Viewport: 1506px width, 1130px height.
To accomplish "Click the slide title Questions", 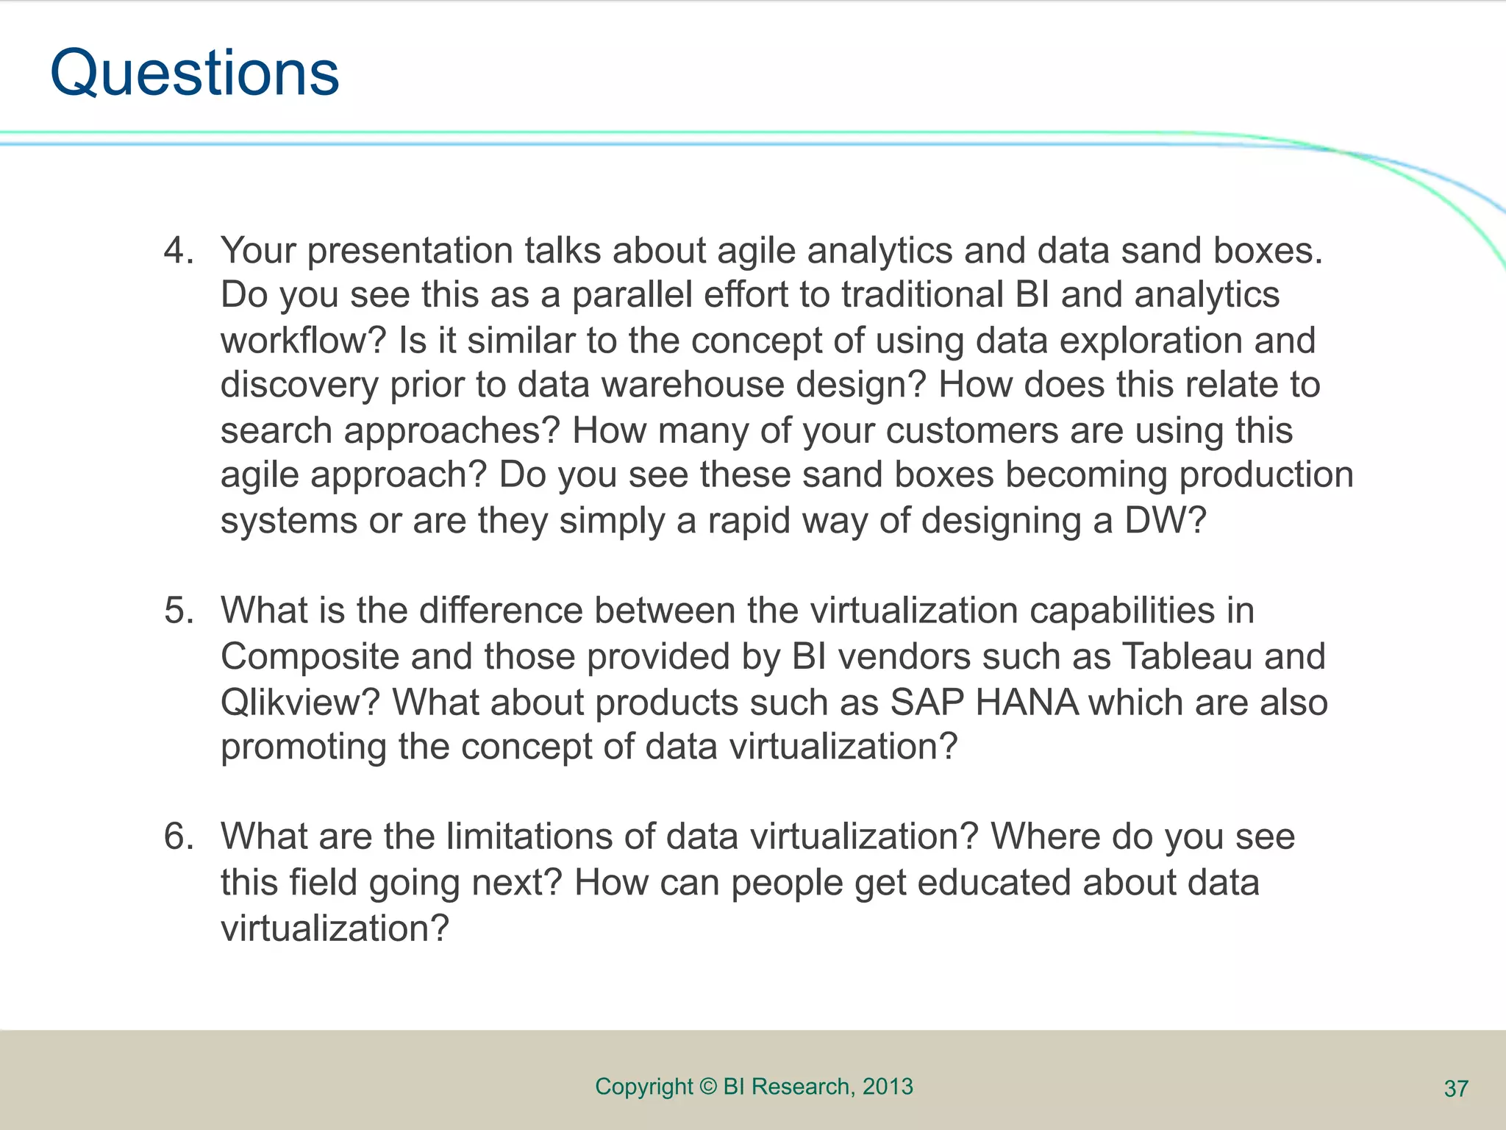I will [x=195, y=74].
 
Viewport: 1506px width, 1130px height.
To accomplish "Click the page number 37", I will [x=1456, y=1089].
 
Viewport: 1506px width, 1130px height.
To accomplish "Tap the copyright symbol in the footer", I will [x=708, y=1087].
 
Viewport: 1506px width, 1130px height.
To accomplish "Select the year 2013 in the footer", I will [x=888, y=1087].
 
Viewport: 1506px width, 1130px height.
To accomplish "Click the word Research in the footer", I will [x=801, y=1087].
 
